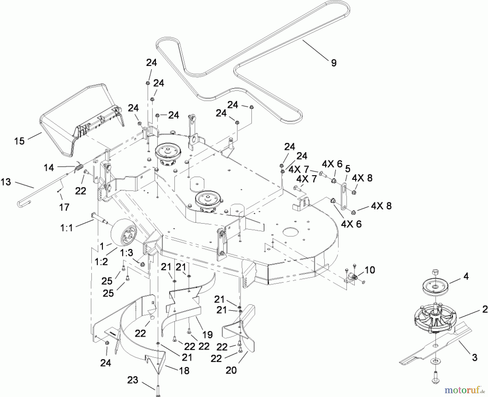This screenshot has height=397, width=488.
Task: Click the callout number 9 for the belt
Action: pyautogui.click(x=334, y=63)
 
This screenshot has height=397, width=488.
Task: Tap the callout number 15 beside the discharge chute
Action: pyautogui.click(x=20, y=141)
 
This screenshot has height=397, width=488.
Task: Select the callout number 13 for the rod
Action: pyautogui.click(x=6, y=182)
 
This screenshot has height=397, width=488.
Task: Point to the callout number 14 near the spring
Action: pyautogui.click(x=49, y=168)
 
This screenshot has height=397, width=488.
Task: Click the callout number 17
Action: pyautogui.click(x=64, y=207)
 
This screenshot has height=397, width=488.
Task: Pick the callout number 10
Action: pyautogui.click(x=370, y=270)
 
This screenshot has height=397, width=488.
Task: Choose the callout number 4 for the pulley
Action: pyautogui.click(x=466, y=277)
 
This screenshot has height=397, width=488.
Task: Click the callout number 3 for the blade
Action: pyautogui.click(x=474, y=358)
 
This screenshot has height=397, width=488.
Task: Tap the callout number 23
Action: pyautogui.click(x=133, y=380)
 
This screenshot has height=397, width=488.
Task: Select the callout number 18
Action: pyautogui.click(x=184, y=370)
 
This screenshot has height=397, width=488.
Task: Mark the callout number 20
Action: pyautogui.click(x=231, y=370)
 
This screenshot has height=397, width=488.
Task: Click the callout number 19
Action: pyautogui.click(x=208, y=335)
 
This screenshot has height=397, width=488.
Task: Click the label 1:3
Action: pyautogui.click(x=127, y=253)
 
